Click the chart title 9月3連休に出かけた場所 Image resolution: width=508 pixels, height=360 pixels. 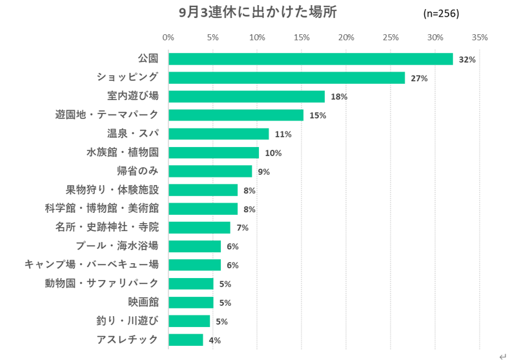257,12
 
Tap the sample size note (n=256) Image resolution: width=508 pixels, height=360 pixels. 441,14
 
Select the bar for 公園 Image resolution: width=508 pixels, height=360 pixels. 310,59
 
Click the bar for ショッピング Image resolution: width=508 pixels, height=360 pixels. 287,78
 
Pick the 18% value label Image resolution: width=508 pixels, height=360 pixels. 340,97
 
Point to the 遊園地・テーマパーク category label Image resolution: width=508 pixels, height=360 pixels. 107,115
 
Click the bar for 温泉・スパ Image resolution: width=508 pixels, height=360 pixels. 219,134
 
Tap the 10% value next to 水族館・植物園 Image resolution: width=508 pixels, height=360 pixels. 273,153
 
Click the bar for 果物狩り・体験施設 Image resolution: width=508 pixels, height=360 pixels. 203,190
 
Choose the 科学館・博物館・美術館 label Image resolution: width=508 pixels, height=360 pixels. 102,208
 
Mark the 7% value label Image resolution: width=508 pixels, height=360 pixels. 243,228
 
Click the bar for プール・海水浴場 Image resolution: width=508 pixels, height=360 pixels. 195,246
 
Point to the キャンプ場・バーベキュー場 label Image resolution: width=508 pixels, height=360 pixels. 91,265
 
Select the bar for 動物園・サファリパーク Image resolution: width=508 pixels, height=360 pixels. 191,284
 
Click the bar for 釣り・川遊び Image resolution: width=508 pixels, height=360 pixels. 189,321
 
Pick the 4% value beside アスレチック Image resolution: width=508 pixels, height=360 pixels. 215,340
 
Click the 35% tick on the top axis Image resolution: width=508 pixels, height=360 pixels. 480,37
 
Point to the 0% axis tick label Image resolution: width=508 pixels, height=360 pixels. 168,37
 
